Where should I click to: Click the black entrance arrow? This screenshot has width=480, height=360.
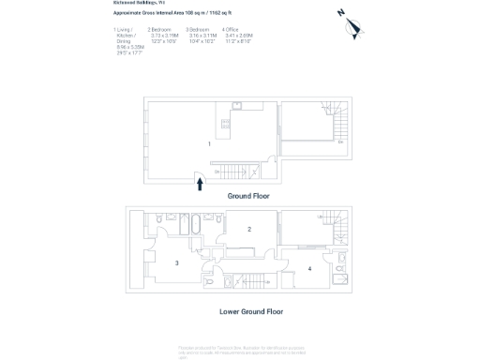tap(199, 185)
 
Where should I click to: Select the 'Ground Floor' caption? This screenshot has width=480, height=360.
tap(248, 197)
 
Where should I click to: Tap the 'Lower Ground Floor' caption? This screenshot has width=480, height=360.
tap(251, 311)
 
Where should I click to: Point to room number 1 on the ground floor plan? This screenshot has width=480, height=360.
tap(209, 143)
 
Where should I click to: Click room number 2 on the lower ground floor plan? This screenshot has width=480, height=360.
tap(249, 229)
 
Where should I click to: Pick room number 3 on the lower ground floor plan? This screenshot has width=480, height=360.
tap(176, 263)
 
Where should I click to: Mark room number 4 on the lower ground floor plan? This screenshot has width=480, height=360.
tap(309, 269)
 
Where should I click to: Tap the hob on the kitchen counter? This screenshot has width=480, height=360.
tap(225, 122)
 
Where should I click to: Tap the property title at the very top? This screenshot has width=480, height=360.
tap(132, 4)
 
